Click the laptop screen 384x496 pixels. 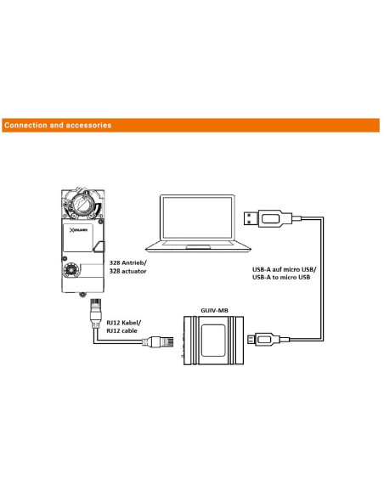pos(197,217)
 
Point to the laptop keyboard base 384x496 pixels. pos(198,246)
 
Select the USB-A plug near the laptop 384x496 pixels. pos(268,218)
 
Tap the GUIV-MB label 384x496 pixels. pos(214,310)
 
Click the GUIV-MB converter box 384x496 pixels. pos(213,341)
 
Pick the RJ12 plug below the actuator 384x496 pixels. pos(96,313)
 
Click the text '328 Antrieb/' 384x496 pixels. pos(128,263)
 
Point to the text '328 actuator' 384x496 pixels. pos(127,271)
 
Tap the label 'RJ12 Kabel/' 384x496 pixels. pos(124,323)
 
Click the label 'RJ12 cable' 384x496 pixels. pos(121,331)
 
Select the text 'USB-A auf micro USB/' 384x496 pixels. pos(284,269)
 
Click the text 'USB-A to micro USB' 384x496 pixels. pos(281,278)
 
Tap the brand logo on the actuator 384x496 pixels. pos(78,230)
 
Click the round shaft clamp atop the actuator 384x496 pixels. pos(82,203)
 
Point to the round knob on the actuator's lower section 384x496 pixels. pos(71,270)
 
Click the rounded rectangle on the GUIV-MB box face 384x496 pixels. pos(213,340)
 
